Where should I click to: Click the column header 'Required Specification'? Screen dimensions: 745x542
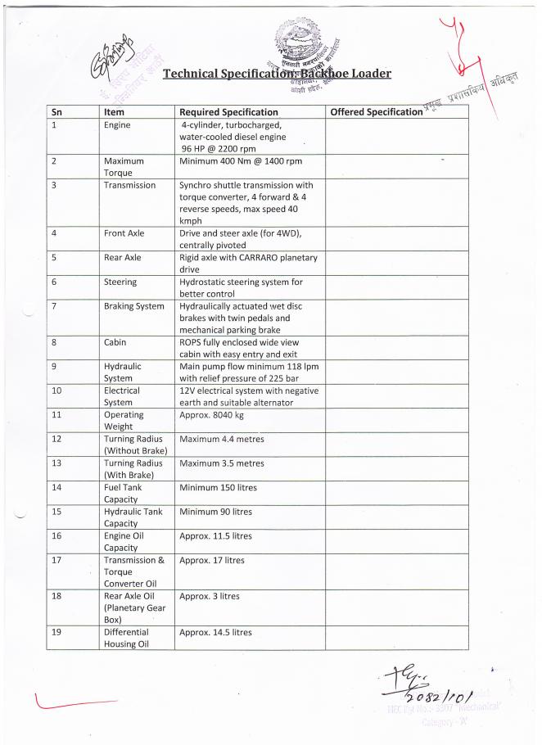click(228, 112)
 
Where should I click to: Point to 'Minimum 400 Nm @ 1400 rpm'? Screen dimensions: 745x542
click(241, 161)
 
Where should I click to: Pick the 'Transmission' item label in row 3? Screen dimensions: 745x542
click(129, 185)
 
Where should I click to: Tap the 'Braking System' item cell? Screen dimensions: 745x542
click(133, 306)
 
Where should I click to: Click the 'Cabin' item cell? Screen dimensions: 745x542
click(115, 343)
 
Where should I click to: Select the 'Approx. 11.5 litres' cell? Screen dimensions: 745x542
click(215, 536)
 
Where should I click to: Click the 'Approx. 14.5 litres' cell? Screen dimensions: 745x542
click(215, 632)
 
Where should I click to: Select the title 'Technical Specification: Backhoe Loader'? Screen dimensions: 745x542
click(277, 74)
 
